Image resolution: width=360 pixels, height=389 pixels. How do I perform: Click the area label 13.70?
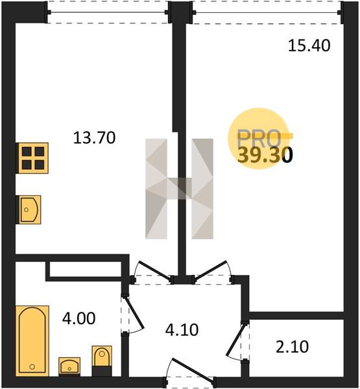point(94,138)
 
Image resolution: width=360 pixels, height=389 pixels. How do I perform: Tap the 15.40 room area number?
point(309,45)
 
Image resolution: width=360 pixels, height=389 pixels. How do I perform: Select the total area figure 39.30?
point(265,156)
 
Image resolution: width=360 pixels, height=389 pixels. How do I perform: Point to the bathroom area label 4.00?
point(78,318)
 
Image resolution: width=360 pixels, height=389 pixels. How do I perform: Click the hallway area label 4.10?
point(182,330)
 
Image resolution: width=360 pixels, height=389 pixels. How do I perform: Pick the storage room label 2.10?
point(293,347)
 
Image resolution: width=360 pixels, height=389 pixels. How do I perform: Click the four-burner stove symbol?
point(32,158)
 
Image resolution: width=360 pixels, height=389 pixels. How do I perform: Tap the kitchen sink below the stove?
point(29,209)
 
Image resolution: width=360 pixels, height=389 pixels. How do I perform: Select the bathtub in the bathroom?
point(32,341)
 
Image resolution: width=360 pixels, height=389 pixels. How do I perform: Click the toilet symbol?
point(102,360)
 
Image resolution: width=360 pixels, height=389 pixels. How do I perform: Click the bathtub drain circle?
point(32,366)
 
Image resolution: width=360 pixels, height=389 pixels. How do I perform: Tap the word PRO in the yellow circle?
point(259,138)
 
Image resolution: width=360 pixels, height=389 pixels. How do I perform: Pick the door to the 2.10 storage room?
point(236,338)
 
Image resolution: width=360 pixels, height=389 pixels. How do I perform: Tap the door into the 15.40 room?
point(211,271)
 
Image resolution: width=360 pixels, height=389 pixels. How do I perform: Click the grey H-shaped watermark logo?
point(179,189)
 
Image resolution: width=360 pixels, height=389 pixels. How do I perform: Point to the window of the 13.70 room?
point(108,12)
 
